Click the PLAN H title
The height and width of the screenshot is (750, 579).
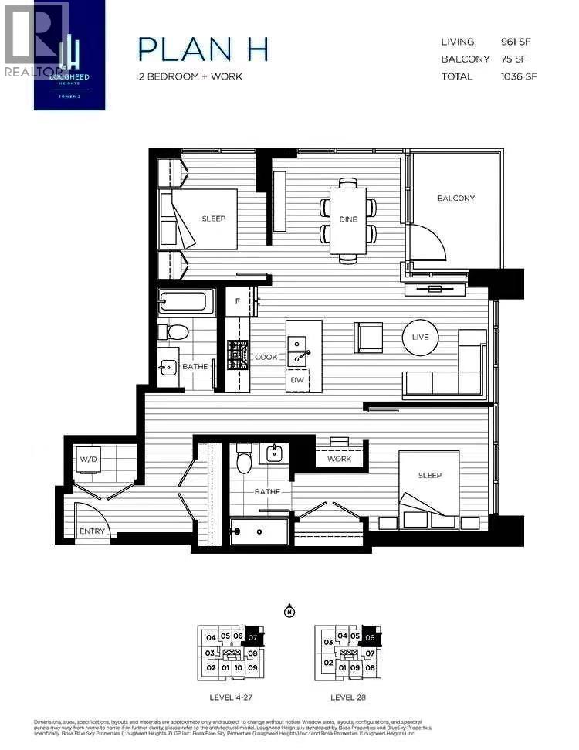(x=203, y=49)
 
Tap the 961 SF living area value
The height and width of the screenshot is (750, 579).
(x=518, y=42)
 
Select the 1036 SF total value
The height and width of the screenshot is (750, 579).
(x=518, y=76)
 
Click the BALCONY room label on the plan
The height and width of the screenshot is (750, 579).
(x=455, y=199)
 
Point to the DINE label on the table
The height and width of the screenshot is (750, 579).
(x=348, y=219)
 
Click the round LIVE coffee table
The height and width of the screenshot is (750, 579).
(x=420, y=338)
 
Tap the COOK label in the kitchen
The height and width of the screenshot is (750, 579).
(x=266, y=357)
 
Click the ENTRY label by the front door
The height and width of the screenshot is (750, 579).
(x=93, y=531)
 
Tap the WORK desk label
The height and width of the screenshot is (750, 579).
(x=339, y=459)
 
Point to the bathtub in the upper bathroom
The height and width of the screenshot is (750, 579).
(x=186, y=300)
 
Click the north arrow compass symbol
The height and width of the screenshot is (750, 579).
(x=289, y=611)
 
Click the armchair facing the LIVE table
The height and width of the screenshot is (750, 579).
(x=368, y=338)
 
